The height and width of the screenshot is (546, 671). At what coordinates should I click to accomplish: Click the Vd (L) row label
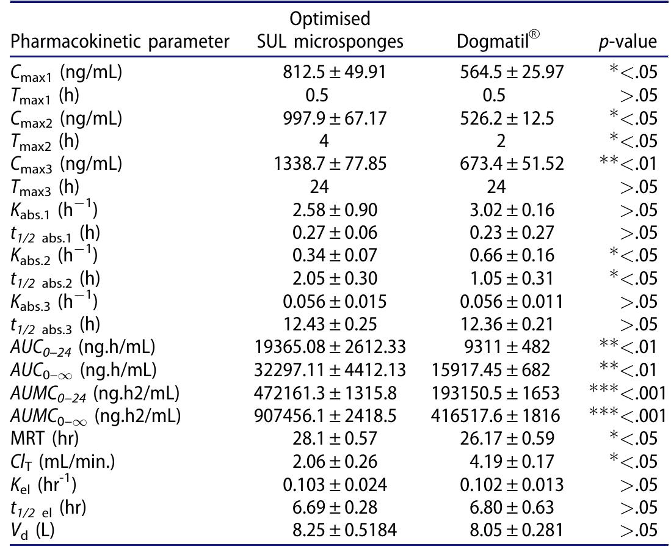point(29,531)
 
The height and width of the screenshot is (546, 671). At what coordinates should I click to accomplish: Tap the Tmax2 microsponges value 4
point(324,142)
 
